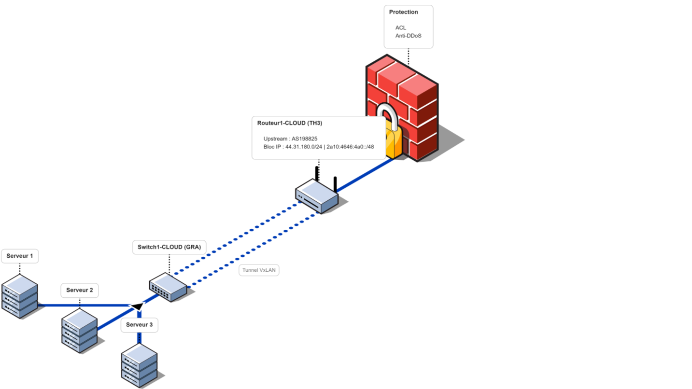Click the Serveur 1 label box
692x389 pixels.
click(20, 256)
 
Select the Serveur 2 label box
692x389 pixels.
click(80, 290)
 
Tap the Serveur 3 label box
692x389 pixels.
click(139, 325)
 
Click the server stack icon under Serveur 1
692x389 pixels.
click(19, 296)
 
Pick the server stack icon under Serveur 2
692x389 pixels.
click(80, 331)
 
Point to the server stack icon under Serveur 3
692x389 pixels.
click(139, 366)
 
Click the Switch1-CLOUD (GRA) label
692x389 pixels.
click(169, 247)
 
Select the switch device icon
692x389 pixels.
click(168, 288)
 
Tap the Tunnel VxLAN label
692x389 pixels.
click(259, 270)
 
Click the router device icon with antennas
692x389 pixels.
click(317, 195)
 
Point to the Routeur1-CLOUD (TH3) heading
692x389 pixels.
click(290, 123)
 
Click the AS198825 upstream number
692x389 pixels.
click(304, 139)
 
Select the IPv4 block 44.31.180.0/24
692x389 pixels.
click(304, 147)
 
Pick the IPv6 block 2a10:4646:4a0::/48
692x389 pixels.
click(350, 147)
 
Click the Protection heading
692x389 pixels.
click(404, 12)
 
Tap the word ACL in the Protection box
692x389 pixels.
click(401, 28)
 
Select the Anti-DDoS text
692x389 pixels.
click(409, 35)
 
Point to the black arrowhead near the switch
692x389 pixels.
click(137, 306)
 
